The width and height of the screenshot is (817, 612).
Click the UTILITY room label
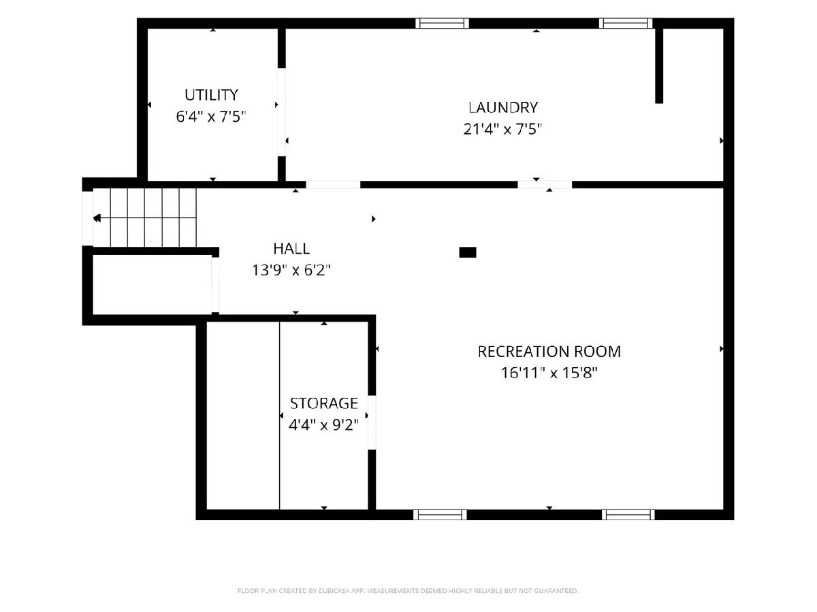[x=211, y=95]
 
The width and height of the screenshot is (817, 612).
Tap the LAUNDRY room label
[x=503, y=107]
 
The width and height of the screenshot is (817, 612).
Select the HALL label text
[x=291, y=249]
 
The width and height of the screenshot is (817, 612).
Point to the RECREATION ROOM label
[x=549, y=352]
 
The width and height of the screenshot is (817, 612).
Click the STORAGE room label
[x=324, y=403]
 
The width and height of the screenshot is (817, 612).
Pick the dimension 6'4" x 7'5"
[x=211, y=117]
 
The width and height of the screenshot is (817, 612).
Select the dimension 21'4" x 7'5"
[x=502, y=129]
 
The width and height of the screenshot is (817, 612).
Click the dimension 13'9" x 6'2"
[x=291, y=270]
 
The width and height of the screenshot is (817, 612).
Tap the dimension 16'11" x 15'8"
[x=549, y=373]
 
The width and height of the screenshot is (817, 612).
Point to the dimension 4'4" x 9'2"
[x=324, y=424]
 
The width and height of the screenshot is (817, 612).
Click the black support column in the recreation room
[x=468, y=252]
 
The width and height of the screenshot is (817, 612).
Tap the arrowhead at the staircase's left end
[x=97, y=218]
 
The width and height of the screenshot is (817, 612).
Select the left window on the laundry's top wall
[x=442, y=23]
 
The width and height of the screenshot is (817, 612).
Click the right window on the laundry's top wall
[x=626, y=23]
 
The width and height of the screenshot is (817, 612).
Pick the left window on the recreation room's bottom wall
[x=440, y=515]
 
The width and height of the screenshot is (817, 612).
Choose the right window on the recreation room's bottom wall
[x=628, y=515]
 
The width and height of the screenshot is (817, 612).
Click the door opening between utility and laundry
[x=282, y=112]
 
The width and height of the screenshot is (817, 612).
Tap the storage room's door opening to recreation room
[x=372, y=422]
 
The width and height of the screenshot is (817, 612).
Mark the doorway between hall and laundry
[x=333, y=185]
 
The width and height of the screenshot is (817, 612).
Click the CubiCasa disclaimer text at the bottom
[x=408, y=590]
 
